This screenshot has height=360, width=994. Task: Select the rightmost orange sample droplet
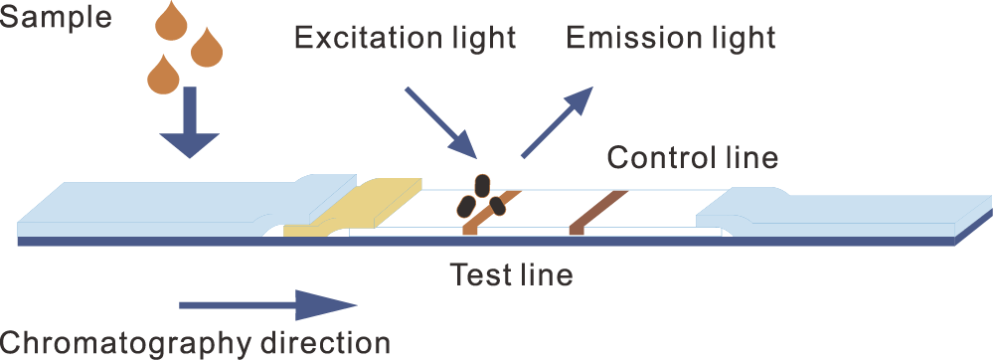tap(208, 47)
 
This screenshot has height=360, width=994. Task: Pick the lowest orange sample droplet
tap(162, 75)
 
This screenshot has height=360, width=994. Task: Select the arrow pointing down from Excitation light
tap(442, 122)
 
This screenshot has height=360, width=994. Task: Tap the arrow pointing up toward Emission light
tap(557, 121)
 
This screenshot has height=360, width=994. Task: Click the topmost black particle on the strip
tap(481, 184)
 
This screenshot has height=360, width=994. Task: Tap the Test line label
tap(510, 273)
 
